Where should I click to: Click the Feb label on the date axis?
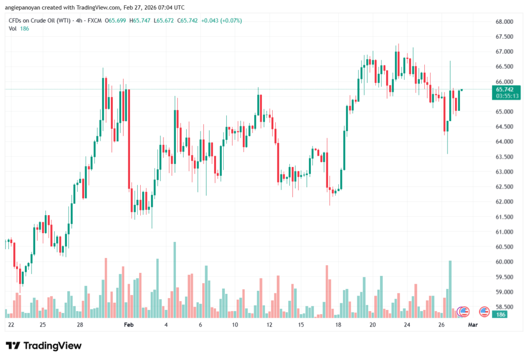(129, 325)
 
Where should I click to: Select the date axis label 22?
(11, 325)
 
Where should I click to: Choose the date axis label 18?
(338, 325)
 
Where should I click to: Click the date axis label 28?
(80, 325)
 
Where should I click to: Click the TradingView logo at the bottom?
(43, 346)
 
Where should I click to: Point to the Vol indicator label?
(12, 28)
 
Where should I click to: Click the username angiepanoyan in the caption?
(26, 7)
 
